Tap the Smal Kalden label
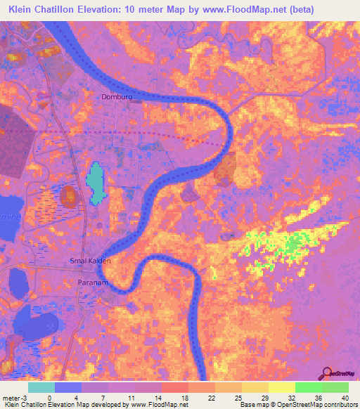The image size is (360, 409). (x=91, y=260)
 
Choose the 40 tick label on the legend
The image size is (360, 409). (x=345, y=398)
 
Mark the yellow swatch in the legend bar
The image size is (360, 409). (x=282, y=387)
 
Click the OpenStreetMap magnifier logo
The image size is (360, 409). (x=326, y=373)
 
